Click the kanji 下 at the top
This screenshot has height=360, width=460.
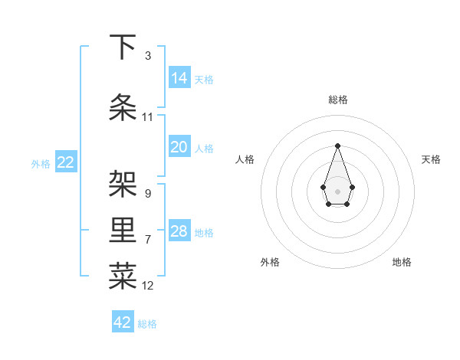tap(123, 47)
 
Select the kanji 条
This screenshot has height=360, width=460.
tap(123, 108)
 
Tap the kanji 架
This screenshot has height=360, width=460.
tap(123, 185)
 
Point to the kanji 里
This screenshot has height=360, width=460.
tap(123, 232)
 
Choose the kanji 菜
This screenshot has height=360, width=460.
tap(123, 278)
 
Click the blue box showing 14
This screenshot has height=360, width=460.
tap(179, 77)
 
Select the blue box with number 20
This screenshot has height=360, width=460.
tap(179, 147)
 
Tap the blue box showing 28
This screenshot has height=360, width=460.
tap(179, 231)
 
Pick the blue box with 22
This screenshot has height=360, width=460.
tap(66, 162)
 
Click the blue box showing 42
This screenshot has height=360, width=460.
tap(123, 322)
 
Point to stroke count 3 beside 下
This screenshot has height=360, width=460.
tap(147, 56)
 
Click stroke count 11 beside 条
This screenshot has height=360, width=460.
tap(147, 117)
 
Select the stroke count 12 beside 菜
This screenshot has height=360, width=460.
tap(147, 286)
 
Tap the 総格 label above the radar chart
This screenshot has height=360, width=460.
tap(337, 100)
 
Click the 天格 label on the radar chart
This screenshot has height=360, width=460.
tap(431, 159)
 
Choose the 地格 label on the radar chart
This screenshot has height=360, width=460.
tap(402, 262)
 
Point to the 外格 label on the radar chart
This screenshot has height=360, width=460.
tap(270, 262)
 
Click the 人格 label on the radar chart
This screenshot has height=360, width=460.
tap(245, 159)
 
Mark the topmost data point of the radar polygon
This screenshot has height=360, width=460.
tap(337, 146)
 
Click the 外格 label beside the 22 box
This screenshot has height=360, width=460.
tap(41, 163)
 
